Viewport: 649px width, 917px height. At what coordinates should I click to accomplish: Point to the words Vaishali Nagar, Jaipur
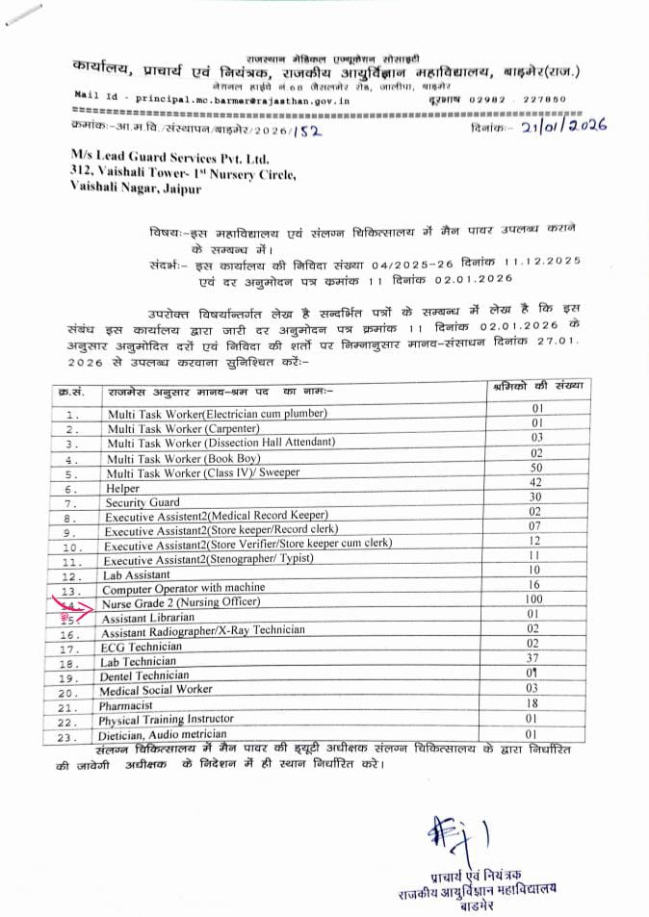[136, 190]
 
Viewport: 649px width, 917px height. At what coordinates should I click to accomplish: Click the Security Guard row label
[143, 502]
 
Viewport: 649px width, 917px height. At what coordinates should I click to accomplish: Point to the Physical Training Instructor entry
[167, 719]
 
